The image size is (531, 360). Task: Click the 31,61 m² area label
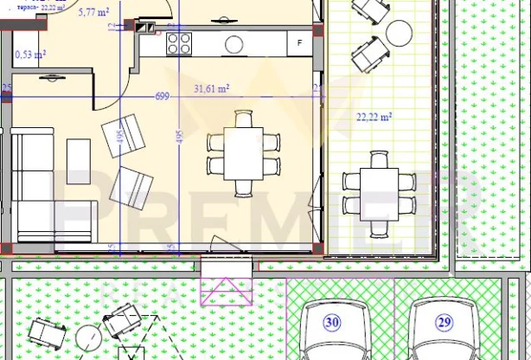(211, 88)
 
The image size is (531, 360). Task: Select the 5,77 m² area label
(93, 13)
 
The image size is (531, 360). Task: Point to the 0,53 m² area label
(31, 55)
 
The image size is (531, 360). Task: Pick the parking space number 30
(332, 322)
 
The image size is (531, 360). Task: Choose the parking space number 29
(444, 322)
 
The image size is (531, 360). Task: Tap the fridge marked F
(299, 42)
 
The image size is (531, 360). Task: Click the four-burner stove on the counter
(179, 42)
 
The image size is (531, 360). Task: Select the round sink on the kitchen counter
(235, 42)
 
